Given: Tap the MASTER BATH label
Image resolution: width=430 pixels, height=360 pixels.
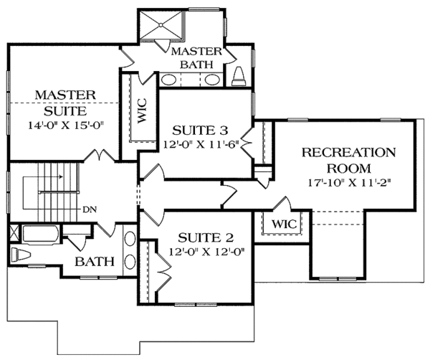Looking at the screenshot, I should tap(191, 57).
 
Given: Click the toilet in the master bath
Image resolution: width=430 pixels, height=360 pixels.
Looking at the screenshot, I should tap(239, 77).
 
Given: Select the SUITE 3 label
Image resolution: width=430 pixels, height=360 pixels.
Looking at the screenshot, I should tap(200, 130).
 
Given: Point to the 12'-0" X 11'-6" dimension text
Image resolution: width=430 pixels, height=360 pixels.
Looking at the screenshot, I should tap(201, 143).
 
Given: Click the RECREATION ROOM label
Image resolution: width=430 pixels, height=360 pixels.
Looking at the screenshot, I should tap(348, 161).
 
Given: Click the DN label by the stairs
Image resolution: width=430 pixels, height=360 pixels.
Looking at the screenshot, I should tap(88, 210).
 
